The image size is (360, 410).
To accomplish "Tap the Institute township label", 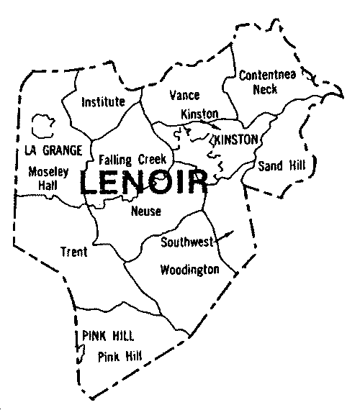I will (x=104, y=101).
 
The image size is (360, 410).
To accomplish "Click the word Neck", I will (x=265, y=90).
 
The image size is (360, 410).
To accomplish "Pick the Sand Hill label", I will (x=282, y=165).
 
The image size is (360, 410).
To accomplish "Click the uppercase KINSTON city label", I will (x=231, y=139).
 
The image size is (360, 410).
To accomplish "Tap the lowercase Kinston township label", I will (x=199, y=114).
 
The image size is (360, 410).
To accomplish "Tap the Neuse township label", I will (x=146, y=211).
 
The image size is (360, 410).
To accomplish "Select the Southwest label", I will (x=187, y=242).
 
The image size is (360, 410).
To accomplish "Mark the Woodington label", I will (x=190, y=270).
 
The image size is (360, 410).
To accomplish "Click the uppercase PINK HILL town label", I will (x=108, y=337).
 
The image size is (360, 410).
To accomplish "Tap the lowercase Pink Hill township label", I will (x=120, y=355).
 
